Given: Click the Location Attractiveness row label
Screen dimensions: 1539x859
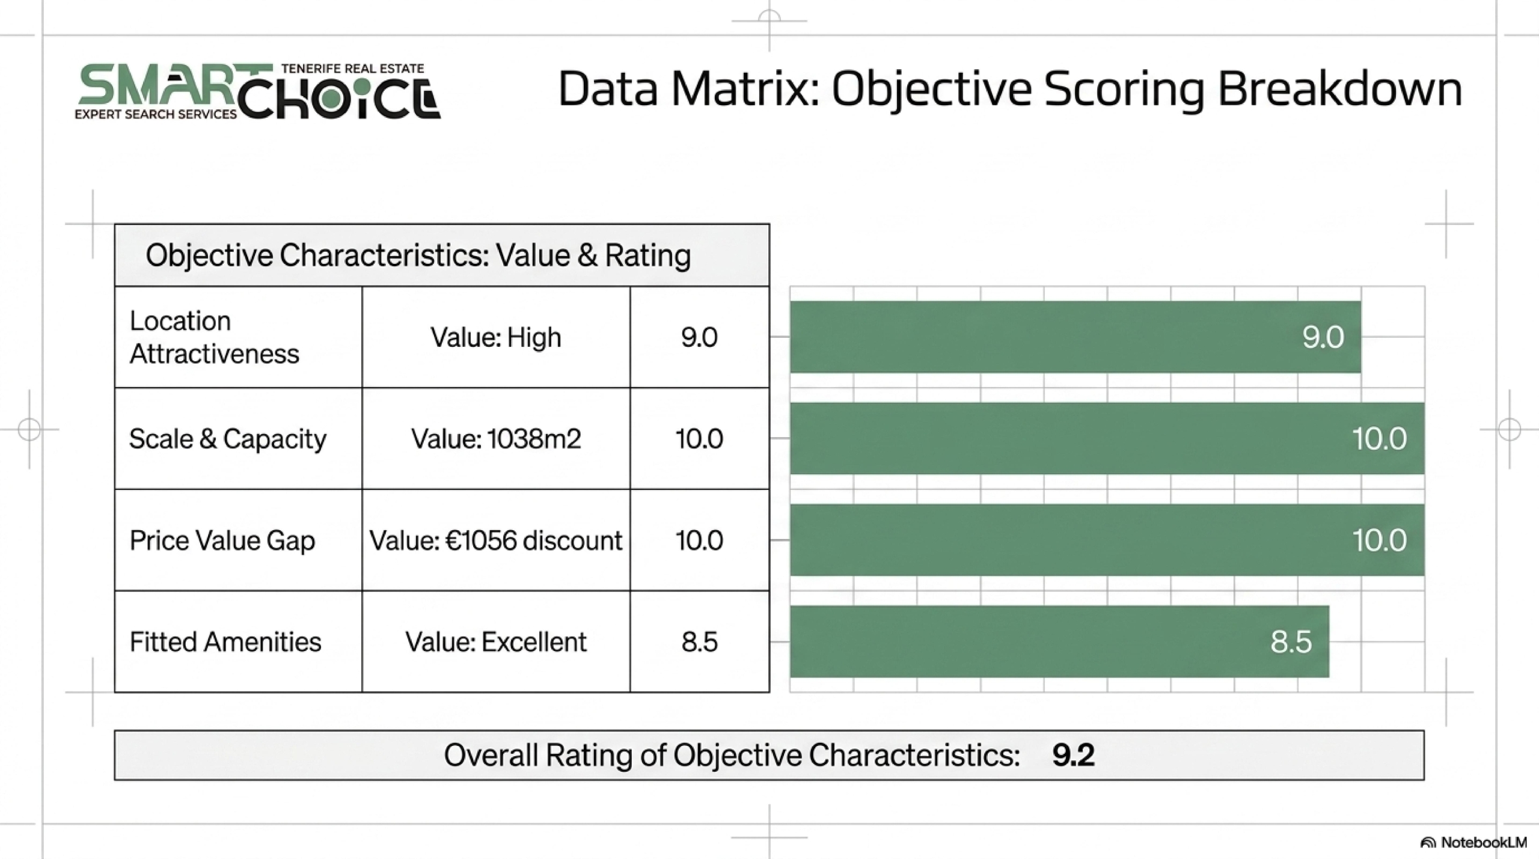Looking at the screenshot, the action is [214, 337].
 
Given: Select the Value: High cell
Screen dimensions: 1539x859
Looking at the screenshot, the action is [496, 337].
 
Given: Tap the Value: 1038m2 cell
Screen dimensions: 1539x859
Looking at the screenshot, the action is [496, 439].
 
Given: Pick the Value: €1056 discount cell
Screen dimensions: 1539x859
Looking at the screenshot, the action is [496, 540].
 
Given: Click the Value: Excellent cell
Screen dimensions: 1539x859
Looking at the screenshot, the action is [496, 642].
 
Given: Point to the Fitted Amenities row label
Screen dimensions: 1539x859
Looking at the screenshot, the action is [225, 642].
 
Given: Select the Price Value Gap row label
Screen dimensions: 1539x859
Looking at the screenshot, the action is [222, 540].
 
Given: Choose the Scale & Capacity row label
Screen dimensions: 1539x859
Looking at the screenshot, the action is [228, 439].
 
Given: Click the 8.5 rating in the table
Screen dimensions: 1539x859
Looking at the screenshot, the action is [700, 642].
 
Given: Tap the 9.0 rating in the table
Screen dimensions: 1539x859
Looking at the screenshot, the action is [700, 337].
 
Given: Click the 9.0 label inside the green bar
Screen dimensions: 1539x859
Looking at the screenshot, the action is [1323, 337].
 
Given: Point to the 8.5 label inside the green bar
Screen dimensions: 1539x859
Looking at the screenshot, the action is [1291, 642].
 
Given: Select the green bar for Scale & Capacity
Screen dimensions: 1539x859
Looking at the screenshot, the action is [1107, 438].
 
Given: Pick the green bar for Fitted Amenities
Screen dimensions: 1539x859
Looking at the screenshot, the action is [1060, 641].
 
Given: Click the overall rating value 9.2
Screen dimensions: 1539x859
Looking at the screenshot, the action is [1073, 755].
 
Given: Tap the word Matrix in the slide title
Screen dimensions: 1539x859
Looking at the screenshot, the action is [745, 89].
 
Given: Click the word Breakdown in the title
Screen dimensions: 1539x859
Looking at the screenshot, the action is [1340, 89].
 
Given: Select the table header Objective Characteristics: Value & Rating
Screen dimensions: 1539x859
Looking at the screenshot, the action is [418, 255].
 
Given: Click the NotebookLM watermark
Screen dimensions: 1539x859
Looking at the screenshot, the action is [1473, 842].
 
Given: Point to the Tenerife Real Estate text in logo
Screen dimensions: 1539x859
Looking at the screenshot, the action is [353, 69].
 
